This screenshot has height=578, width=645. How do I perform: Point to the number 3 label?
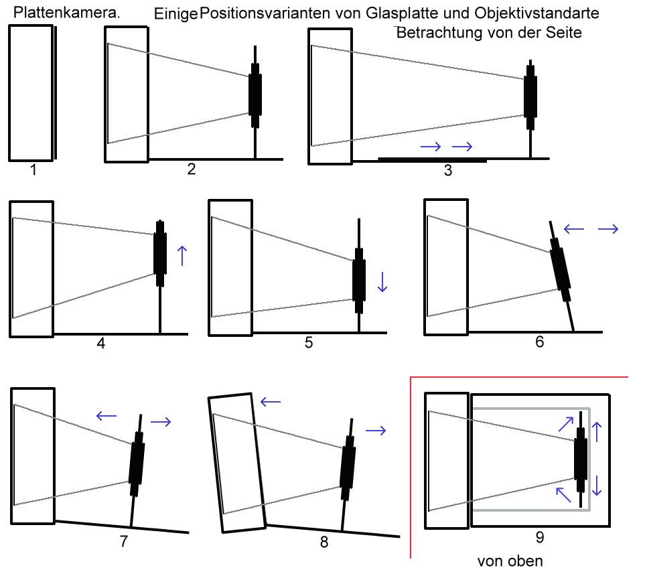click(x=448, y=170)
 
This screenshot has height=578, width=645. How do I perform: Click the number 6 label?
click(x=539, y=342)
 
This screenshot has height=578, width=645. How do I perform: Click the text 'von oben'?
click(x=510, y=561)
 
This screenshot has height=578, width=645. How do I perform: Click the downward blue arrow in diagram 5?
click(x=382, y=281)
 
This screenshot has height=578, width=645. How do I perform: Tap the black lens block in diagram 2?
click(x=255, y=94)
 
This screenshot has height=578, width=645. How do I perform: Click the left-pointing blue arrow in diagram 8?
click(x=270, y=401)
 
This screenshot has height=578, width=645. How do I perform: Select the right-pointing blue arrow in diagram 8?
click(x=376, y=431)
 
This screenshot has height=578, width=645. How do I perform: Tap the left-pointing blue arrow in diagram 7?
click(x=106, y=416)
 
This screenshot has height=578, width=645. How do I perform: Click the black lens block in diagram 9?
click(x=580, y=459)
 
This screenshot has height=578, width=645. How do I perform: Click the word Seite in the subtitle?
click(x=565, y=32)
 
